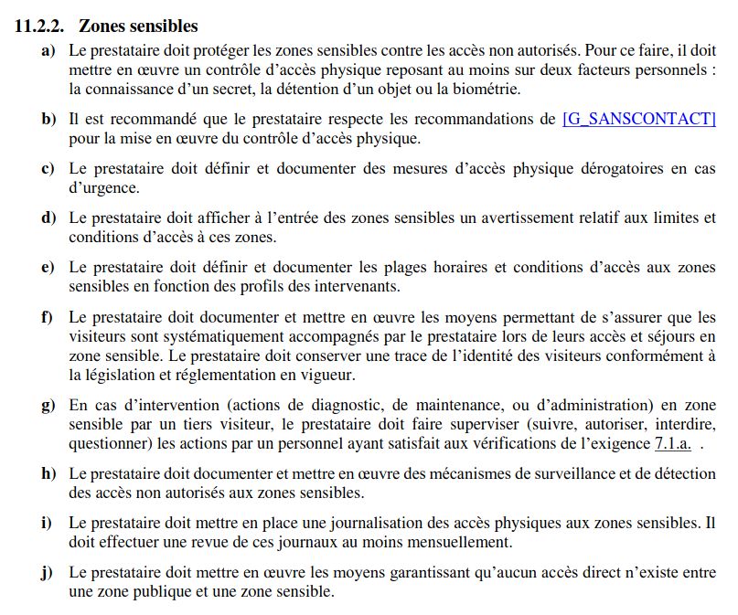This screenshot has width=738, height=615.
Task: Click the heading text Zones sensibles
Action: point(138,26)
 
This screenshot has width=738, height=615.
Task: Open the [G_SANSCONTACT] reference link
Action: point(639,120)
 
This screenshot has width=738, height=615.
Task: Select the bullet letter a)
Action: point(48,51)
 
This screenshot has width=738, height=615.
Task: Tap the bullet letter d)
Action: point(48,217)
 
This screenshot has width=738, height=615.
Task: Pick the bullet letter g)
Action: point(48,405)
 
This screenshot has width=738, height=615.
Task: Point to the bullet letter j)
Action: point(48,572)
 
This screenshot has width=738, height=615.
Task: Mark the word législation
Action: point(121,375)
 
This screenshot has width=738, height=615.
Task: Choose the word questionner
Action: point(108,442)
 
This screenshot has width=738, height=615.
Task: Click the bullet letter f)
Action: point(48,317)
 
